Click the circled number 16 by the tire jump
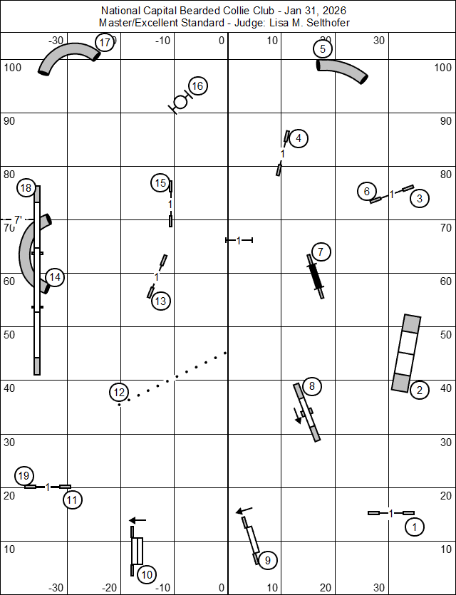click(x=197, y=86)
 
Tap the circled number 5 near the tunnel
click(x=323, y=49)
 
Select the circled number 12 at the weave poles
click(x=119, y=393)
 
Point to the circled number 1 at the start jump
click(x=414, y=527)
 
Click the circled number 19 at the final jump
click(x=24, y=475)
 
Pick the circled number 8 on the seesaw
click(x=312, y=386)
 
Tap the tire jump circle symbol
click(x=180, y=102)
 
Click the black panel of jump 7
click(x=316, y=276)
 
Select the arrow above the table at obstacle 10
click(x=138, y=520)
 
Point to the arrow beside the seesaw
click(x=298, y=416)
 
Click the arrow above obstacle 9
click(x=244, y=510)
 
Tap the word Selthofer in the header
click(x=328, y=23)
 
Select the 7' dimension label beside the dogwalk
click(x=18, y=219)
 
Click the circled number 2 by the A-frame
click(x=419, y=390)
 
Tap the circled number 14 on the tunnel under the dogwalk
click(x=55, y=277)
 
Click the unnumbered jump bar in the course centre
click(x=239, y=240)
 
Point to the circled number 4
click(x=299, y=138)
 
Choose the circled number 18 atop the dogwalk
click(x=26, y=188)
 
